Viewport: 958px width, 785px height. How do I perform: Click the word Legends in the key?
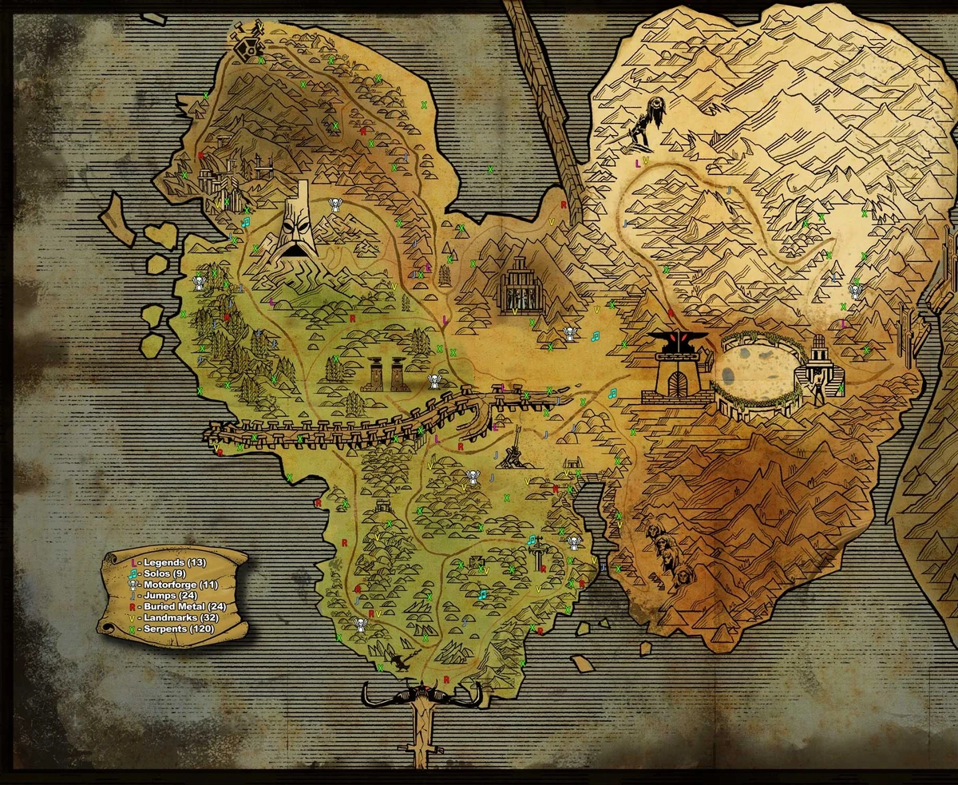(x=163, y=563)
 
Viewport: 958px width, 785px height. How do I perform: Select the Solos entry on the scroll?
(x=156, y=574)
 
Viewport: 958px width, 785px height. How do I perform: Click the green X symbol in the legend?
(x=132, y=629)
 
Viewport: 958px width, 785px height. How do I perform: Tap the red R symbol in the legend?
(x=132, y=607)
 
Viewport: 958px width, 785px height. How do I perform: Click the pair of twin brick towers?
(x=384, y=373)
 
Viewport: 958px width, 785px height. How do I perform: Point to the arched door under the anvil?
(x=677, y=384)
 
